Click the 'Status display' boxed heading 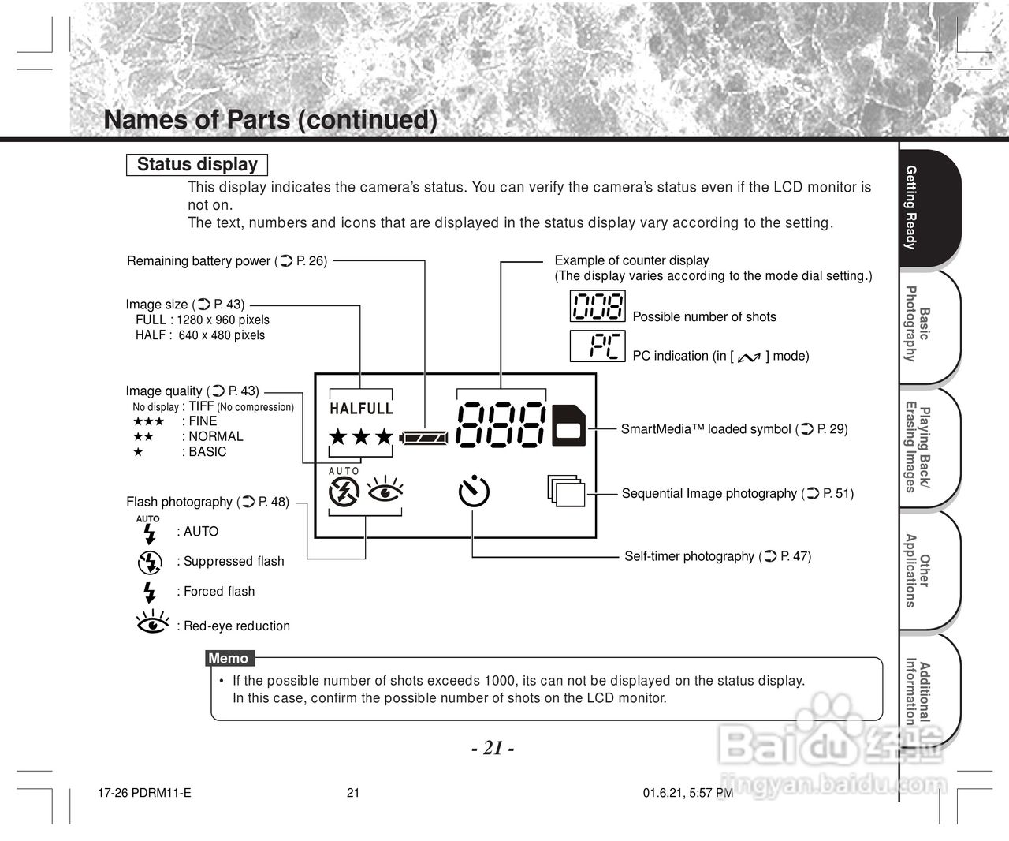197,165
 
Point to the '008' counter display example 598,306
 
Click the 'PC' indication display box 598,346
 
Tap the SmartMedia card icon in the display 568,426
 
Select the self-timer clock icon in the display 474,491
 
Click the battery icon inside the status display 425,436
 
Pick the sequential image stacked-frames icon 567,491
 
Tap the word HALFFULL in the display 361,409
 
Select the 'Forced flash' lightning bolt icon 149,592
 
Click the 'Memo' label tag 229,659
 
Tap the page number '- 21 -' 493,748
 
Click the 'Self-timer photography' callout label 717,556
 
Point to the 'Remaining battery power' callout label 227,261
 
